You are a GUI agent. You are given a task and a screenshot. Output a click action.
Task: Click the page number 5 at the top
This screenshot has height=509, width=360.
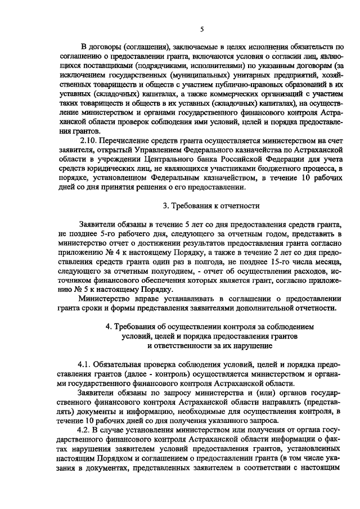point(202,29)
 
